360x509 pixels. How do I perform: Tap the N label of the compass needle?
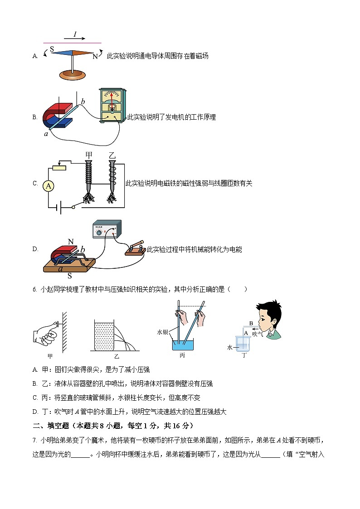[x=95, y=57]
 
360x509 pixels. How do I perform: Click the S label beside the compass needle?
[x=52, y=48]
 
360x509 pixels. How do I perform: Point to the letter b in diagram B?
[x=83, y=102]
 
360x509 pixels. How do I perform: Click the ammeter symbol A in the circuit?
[x=48, y=186]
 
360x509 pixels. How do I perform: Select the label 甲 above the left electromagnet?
[x=89, y=155]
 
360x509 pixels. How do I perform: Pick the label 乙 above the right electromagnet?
[x=112, y=155]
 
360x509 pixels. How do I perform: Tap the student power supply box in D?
[x=107, y=230]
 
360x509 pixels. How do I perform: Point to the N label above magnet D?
[x=70, y=241]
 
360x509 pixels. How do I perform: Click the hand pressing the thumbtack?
[x=45, y=335]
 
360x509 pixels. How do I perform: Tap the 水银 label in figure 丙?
[x=163, y=332]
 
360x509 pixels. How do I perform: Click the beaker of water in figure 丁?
[x=242, y=347]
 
